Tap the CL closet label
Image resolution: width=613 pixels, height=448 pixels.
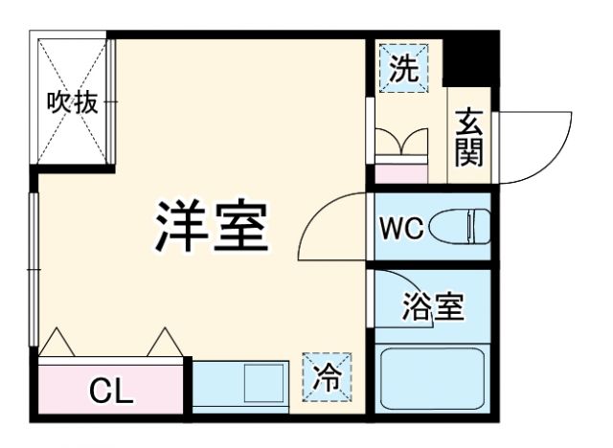(111, 391)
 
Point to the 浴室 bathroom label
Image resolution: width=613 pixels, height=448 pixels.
(433, 308)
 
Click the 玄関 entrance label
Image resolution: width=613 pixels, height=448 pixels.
(469, 136)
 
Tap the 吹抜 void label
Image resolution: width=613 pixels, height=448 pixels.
(73, 102)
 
